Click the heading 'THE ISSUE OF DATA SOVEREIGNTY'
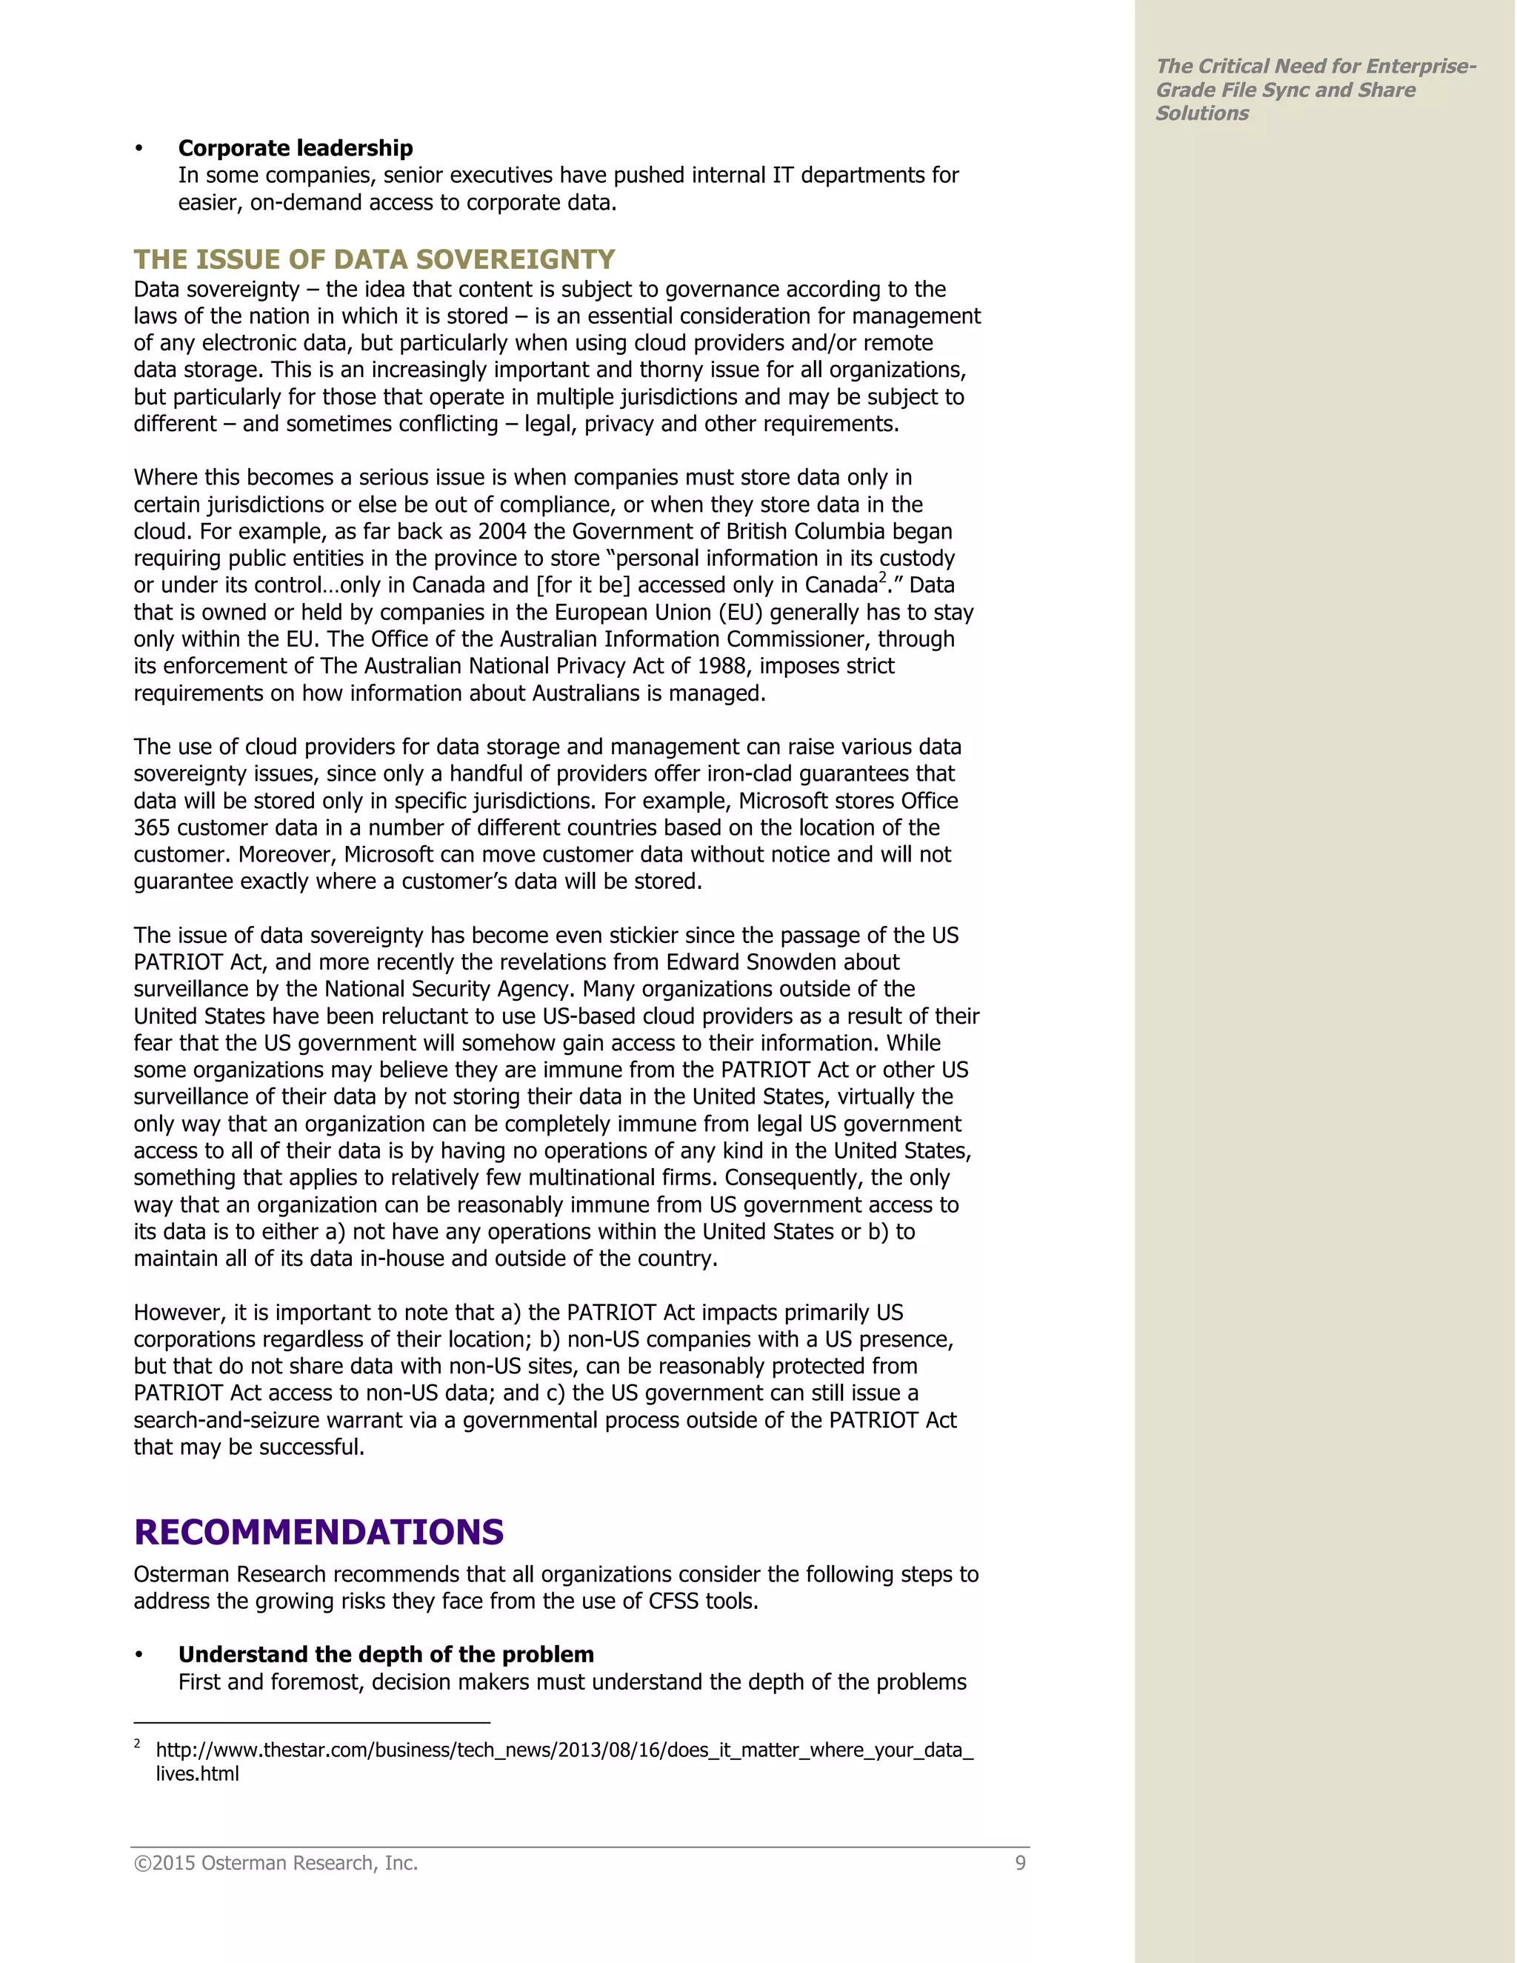pyautogui.click(x=374, y=260)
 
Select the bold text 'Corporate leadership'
pyautogui.click(x=295, y=148)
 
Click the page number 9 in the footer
pyautogui.click(x=1020, y=1863)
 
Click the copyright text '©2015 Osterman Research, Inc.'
pyautogui.click(x=276, y=1863)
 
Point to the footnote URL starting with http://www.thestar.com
pyautogui.click(x=564, y=1750)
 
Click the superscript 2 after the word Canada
pyautogui.click(x=882, y=578)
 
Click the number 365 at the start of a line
pyautogui.click(x=152, y=828)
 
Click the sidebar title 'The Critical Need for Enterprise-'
pyautogui.click(x=1315, y=67)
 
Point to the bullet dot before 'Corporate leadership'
pyautogui.click(x=139, y=148)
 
